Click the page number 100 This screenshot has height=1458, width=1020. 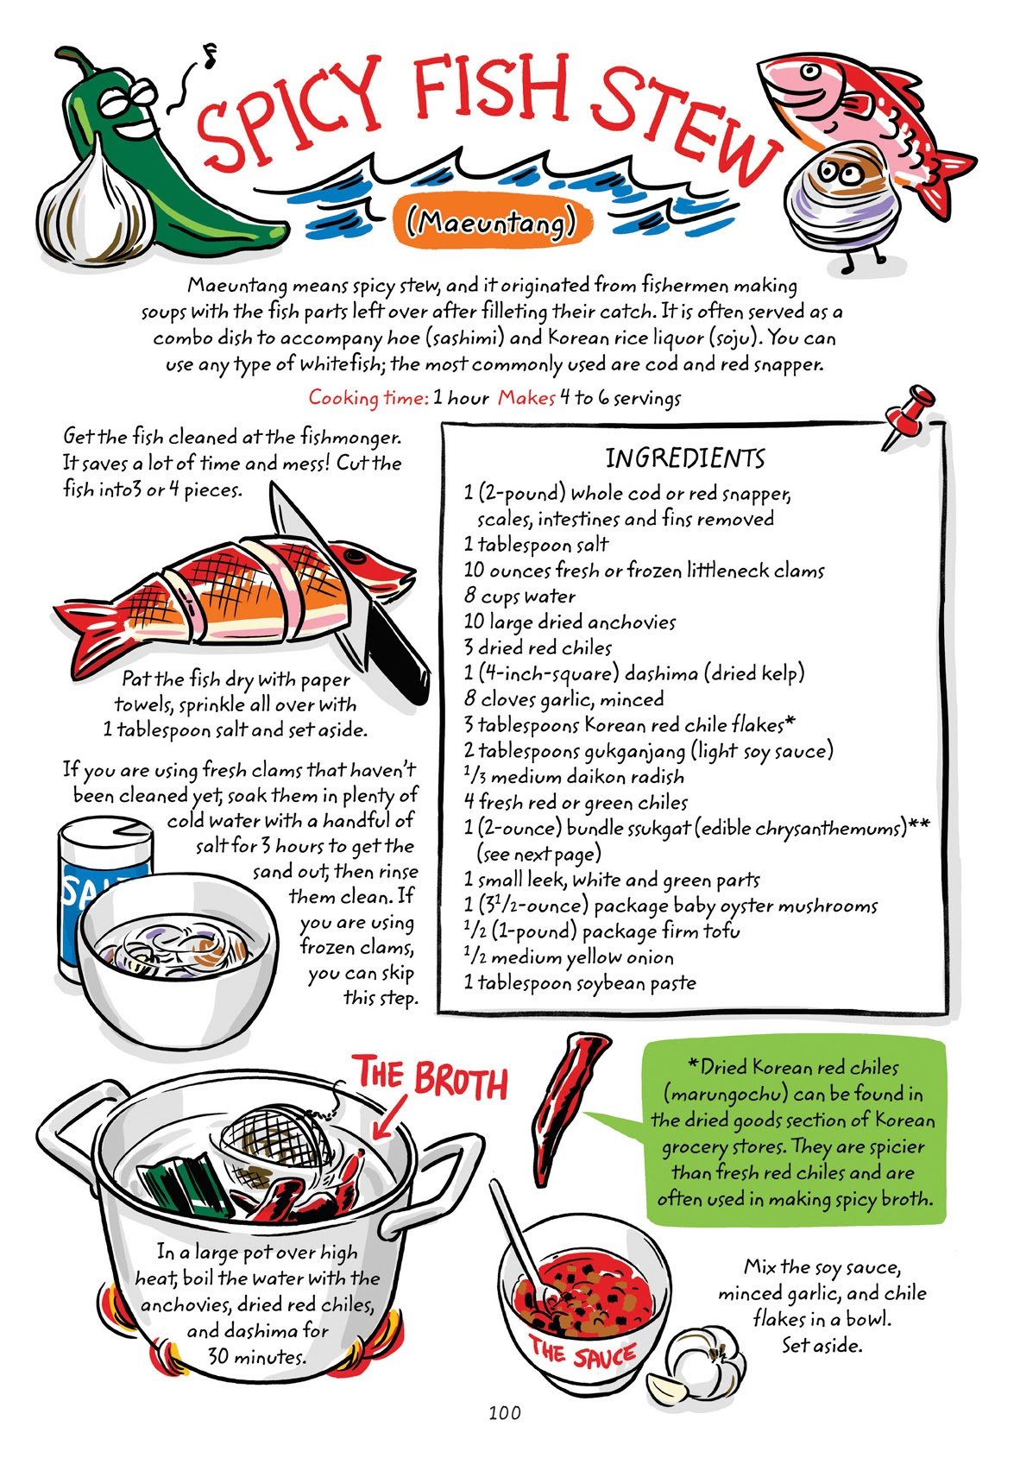[x=504, y=1412]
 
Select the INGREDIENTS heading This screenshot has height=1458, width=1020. [x=684, y=458]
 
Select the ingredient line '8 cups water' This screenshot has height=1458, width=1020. [x=519, y=596]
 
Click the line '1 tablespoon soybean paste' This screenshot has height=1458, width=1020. [x=579, y=982]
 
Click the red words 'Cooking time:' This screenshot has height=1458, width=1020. [x=368, y=398]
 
